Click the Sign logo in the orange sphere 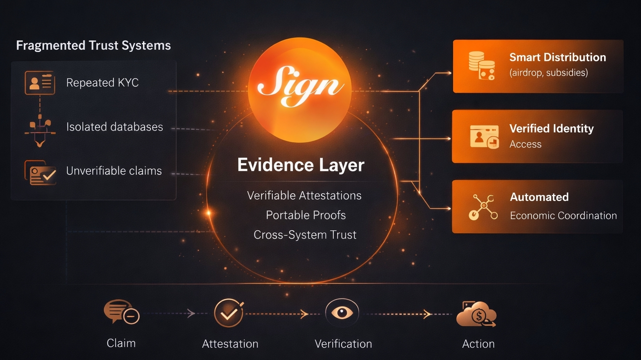(x=300, y=86)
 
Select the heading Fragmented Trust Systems (x=93, y=45)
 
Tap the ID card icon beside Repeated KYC (x=40, y=83)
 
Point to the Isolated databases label (x=114, y=127)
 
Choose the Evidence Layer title (x=300, y=165)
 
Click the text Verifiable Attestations (x=304, y=196)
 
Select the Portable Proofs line (x=305, y=215)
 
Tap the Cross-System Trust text (x=305, y=235)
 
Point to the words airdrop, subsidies (x=548, y=73)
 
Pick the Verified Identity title (x=551, y=128)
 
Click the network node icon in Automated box (x=483, y=206)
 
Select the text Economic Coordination (x=563, y=216)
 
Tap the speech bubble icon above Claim (x=121, y=312)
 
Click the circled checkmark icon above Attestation (x=229, y=313)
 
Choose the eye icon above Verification (x=342, y=312)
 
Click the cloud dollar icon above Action (x=477, y=314)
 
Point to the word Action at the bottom (x=478, y=344)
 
